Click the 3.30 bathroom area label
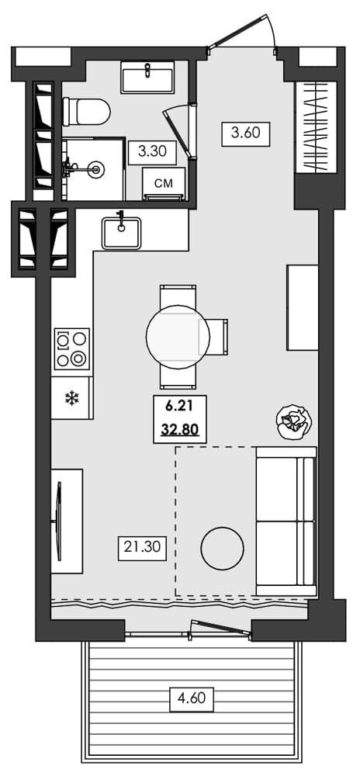[152, 151]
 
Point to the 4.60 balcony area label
[192, 698]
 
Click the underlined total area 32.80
[179, 428]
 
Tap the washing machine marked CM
[163, 184]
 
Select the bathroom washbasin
[147, 78]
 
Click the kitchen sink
[121, 231]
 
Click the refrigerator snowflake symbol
[71, 399]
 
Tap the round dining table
[178, 336]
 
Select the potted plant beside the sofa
[295, 422]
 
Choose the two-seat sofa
[286, 521]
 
